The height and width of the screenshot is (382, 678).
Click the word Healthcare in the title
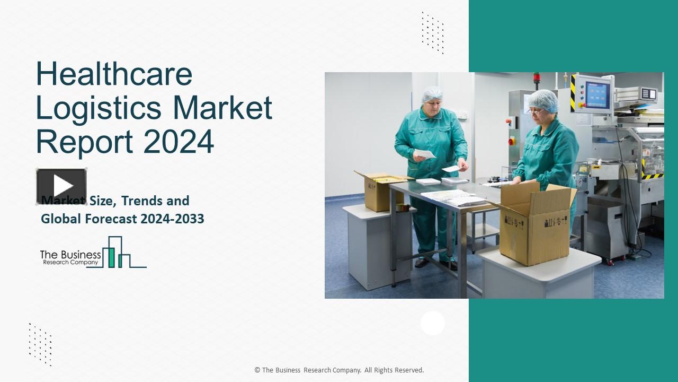tap(114, 74)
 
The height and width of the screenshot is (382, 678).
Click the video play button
tap(61, 186)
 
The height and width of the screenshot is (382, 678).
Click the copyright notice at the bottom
tap(339, 370)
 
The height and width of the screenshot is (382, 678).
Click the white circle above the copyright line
tap(433, 323)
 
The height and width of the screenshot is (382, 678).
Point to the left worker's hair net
tap(432, 94)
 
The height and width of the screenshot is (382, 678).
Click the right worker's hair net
tap(543, 99)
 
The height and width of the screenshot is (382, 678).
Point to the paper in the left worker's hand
tap(424, 154)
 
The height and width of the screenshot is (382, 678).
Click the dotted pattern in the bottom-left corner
tap(40, 344)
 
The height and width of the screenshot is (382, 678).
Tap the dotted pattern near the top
tap(432, 32)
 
